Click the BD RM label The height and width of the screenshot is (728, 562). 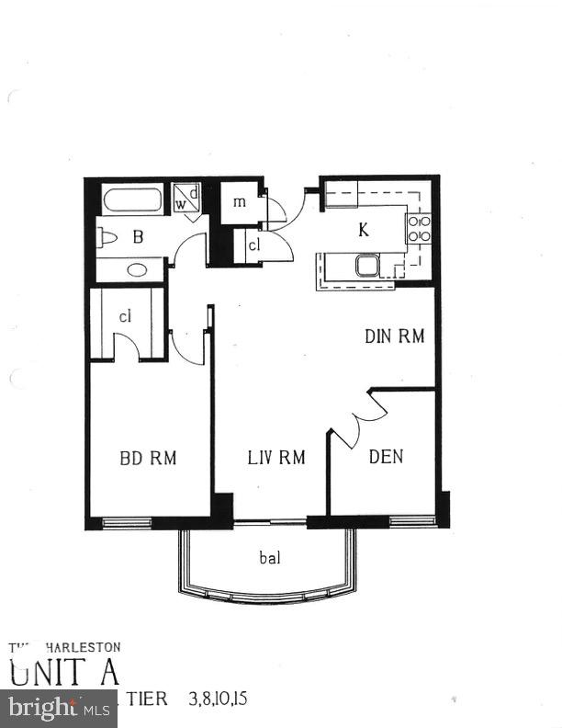pyautogui.click(x=148, y=457)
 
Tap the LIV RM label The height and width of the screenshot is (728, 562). pyautogui.click(x=275, y=457)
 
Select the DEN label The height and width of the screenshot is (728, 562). pyautogui.click(x=386, y=457)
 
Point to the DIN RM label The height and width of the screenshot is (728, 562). pyautogui.click(x=395, y=336)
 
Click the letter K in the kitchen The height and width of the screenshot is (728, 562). pyautogui.click(x=364, y=230)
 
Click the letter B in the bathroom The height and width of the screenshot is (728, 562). pyautogui.click(x=139, y=237)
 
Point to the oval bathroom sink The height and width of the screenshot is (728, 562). pyautogui.click(x=137, y=270)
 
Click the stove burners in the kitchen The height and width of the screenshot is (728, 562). pyautogui.click(x=419, y=229)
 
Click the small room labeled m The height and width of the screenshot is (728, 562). pyautogui.click(x=240, y=202)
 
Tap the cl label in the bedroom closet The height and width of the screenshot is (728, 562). pyautogui.click(x=126, y=316)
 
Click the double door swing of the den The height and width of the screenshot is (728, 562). pyautogui.click(x=353, y=418)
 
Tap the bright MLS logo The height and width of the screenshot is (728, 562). pyautogui.click(x=58, y=709)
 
